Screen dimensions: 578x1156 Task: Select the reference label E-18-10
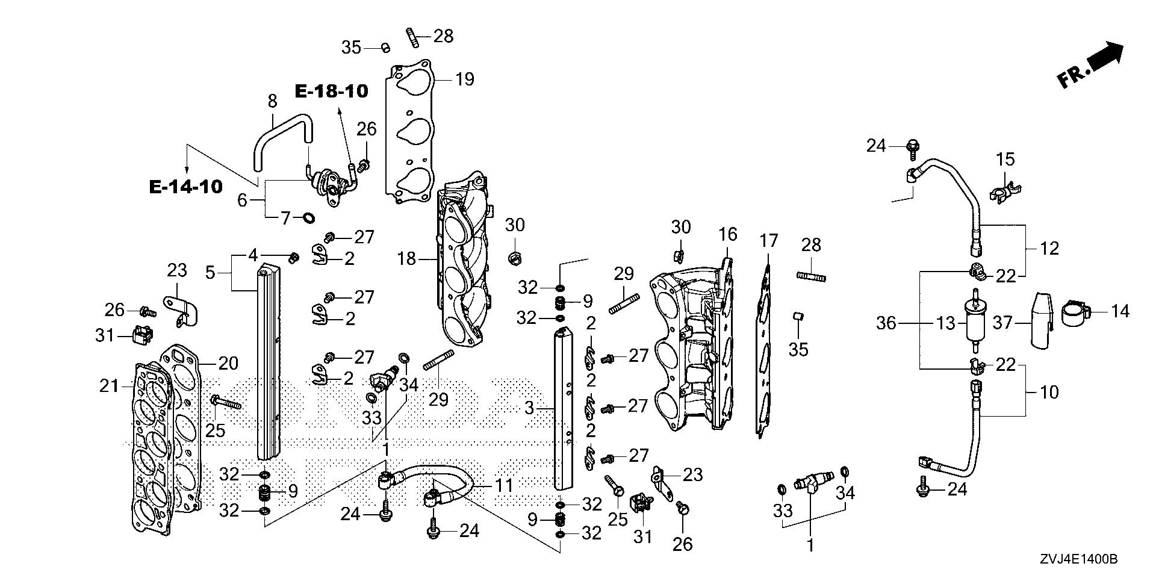pos(331,91)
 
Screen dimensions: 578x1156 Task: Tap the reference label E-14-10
pos(185,187)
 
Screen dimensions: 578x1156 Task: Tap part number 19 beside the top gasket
pos(465,79)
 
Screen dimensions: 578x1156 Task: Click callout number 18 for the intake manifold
pos(407,259)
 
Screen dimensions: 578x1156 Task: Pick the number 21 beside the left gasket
pos(109,386)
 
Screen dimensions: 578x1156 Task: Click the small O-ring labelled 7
pos(308,217)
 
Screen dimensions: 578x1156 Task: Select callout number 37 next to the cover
pos(1002,323)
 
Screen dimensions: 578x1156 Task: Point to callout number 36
pos(886,324)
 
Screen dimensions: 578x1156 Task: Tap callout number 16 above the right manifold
pos(727,234)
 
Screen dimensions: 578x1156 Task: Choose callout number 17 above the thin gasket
pos(768,241)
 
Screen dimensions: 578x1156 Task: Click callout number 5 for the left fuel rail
pos(210,273)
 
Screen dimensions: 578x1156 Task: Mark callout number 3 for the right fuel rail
pos(529,408)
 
